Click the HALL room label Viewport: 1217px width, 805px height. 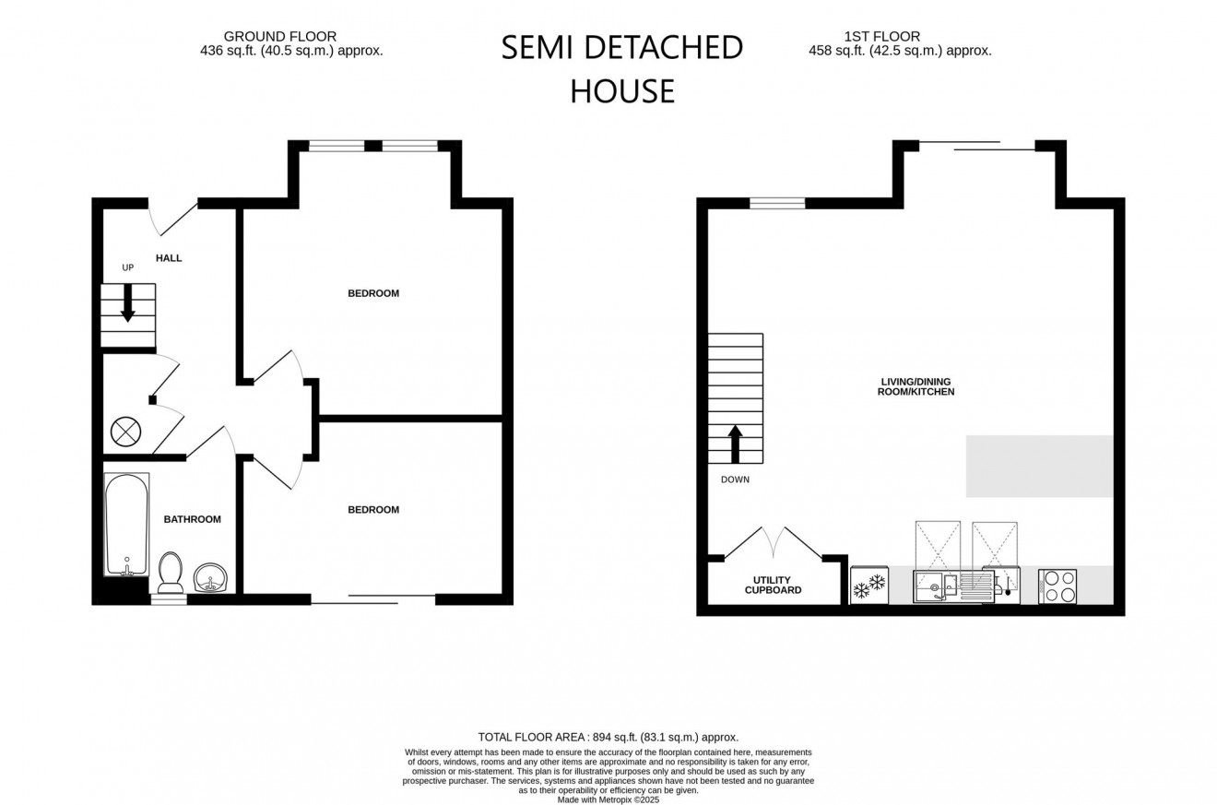coord(169,258)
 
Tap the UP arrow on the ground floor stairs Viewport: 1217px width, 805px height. coord(127,302)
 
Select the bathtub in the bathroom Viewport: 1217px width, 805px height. coord(126,524)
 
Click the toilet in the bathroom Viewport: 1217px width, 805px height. coord(171,572)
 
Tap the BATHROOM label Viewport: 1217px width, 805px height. coord(192,519)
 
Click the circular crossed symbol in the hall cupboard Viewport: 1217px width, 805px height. coord(124,431)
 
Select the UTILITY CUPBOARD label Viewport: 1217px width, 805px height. coord(773,585)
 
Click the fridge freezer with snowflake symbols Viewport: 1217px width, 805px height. coord(868,585)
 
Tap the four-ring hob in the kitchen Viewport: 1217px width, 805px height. coord(1057,586)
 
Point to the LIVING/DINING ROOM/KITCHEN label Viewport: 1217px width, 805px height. coord(915,386)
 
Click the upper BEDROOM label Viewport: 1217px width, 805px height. coord(373,293)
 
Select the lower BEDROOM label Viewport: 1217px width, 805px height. coord(373,510)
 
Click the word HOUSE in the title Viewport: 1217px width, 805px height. coord(622,91)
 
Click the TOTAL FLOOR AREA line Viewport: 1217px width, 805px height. coord(608,737)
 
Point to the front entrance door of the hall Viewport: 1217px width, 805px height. coord(173,218)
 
